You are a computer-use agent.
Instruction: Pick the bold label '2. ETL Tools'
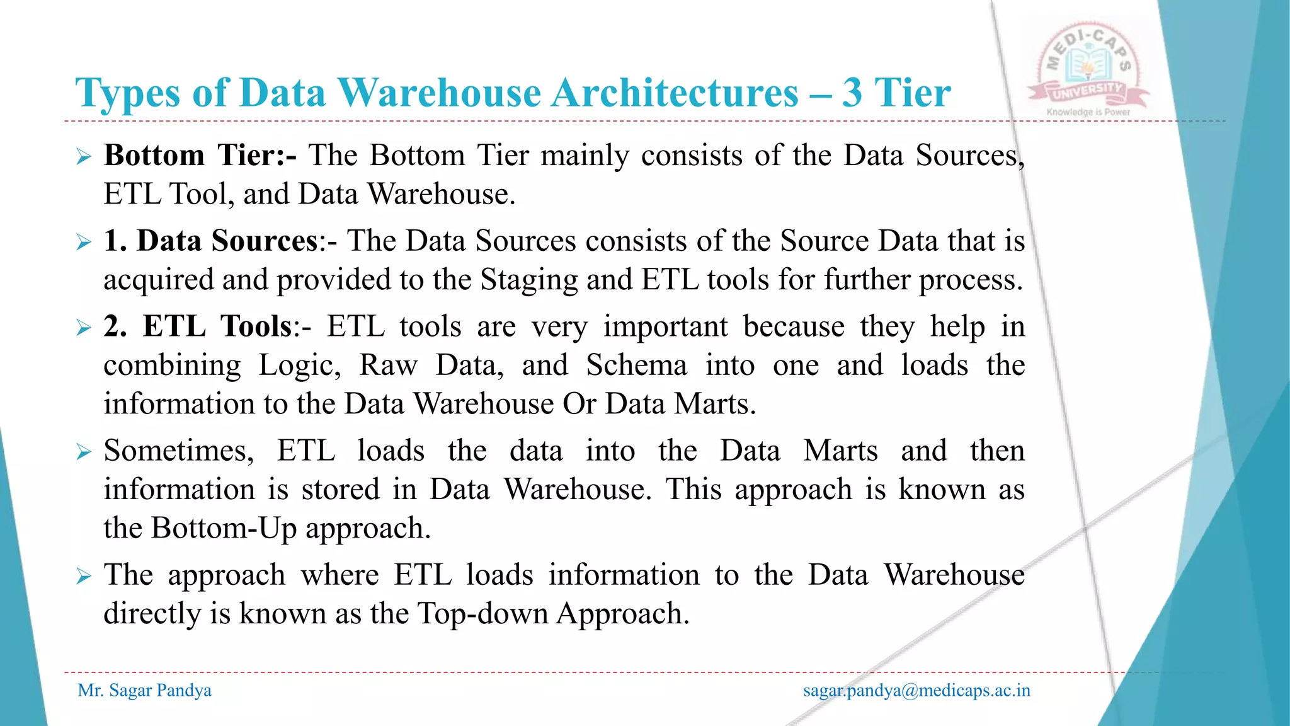[x=198, y=326]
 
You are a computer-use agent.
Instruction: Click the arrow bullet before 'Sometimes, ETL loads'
[x=84, y=451]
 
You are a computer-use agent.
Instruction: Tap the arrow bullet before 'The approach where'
[x=84, y=575]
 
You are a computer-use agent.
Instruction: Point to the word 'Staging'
[x=528, y=280]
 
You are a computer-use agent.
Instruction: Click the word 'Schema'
[x=636, y=366]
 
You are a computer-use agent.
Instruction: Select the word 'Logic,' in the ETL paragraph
[x=300, y=366]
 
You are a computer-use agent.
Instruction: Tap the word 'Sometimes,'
[x=179, y=451]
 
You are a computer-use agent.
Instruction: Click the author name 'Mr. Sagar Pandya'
[x=144, y=691]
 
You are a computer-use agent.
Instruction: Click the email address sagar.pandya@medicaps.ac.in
[x=916, y=691]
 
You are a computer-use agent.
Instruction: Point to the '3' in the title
[x=852, y=93]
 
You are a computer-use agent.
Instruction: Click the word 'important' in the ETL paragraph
[x=665, y=326]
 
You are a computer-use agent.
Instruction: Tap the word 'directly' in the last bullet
[x=151, y=614]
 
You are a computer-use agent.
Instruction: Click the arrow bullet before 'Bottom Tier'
[x=84, y=156]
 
